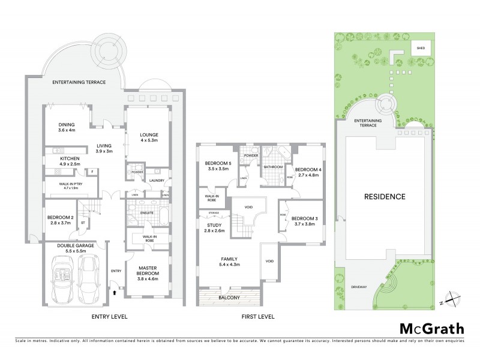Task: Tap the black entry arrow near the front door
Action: [115, 293]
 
